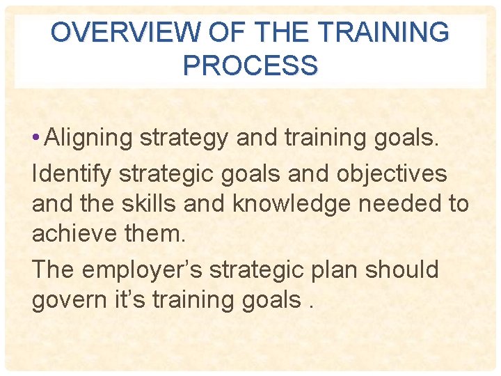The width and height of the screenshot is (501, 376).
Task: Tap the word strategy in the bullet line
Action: click(x=184, y=139)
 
